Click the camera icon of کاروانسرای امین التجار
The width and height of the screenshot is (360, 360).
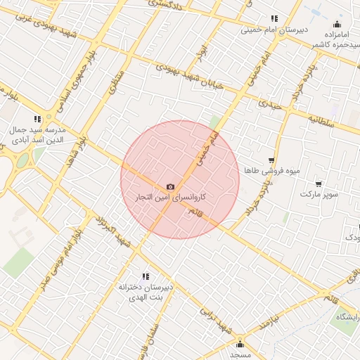[170, 186]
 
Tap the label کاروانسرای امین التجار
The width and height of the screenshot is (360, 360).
[169, 198]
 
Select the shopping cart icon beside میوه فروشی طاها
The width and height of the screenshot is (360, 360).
[271, 160]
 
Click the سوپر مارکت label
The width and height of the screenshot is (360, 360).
[321, 193]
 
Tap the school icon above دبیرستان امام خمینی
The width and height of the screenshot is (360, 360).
[274, 19]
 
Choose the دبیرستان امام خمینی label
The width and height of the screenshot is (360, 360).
[270, 30]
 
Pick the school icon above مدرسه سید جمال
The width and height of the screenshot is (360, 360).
[37, 120]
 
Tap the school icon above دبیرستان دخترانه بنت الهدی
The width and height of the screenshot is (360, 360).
[145, 277]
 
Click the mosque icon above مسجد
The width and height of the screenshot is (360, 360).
[240, 344]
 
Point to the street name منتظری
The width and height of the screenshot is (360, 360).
[117, 82]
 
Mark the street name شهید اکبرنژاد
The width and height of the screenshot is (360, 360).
[112, 231]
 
